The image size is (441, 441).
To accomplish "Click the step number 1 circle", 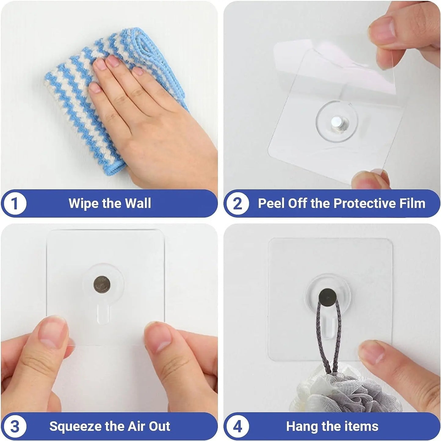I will pos(15,204).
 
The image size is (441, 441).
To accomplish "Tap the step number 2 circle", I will pos(237,204).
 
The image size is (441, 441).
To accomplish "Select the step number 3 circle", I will pos(15,426).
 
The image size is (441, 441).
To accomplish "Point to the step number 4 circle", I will pos(237,426).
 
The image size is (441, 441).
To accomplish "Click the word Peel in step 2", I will pos(271,203).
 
